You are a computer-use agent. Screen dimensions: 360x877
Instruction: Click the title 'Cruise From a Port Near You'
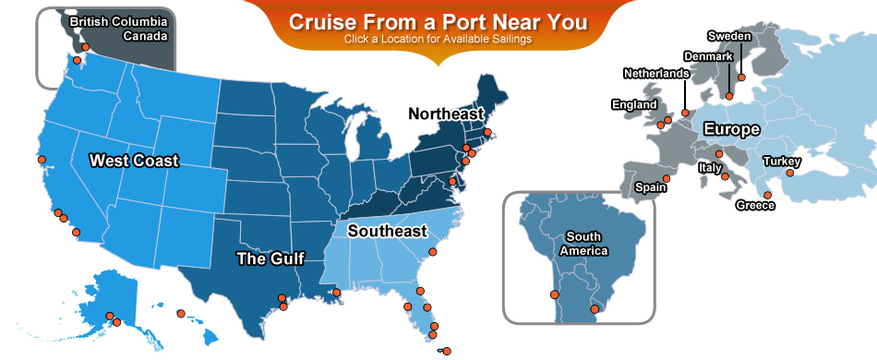click(438, 22)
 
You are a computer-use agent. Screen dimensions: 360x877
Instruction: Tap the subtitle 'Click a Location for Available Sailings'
click(438, 40)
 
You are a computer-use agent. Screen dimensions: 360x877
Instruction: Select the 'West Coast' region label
click(134, 161)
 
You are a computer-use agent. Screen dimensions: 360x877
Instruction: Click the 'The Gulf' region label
click(270, 258)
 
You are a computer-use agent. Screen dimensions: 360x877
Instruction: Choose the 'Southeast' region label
click(387, 231)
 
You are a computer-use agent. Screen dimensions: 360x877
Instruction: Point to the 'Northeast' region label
click(446, 114)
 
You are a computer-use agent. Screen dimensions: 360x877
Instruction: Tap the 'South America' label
click(583, 244)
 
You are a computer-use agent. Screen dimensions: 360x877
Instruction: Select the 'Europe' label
click(731, 129)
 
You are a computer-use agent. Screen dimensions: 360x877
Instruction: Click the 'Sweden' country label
click(729, 36)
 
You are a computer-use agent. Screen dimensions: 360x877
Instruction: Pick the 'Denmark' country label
click(708, 57)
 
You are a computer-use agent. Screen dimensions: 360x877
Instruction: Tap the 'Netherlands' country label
click(655, 73)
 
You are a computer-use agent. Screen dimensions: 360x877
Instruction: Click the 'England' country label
click(634, 105)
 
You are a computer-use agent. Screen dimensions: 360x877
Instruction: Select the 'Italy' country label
click(710, 168)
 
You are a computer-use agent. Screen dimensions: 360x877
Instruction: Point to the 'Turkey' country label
click(781, 162)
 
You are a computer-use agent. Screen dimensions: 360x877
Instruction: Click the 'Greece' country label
click(754, 206)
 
